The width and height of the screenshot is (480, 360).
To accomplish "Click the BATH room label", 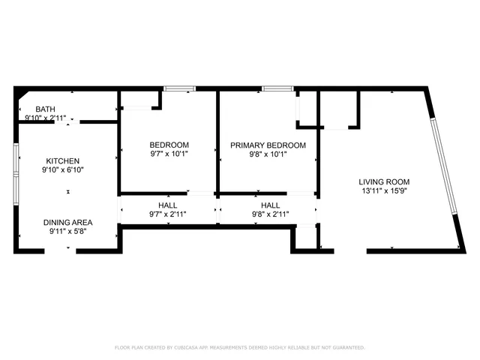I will [34, 109].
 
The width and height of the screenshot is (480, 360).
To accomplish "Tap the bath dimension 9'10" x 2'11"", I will [46, 118].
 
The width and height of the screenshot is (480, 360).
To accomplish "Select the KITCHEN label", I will [62, 160].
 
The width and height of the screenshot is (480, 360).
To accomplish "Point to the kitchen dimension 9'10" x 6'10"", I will [64, 169].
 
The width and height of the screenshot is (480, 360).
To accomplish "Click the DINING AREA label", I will [67, 222].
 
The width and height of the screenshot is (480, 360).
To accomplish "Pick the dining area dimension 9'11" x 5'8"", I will [66, 231].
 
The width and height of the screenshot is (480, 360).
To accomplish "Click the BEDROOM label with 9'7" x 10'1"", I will [169, 145].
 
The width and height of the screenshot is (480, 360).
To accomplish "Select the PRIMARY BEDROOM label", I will [268, 145].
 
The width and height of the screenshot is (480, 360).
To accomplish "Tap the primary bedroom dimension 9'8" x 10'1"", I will [268, 154].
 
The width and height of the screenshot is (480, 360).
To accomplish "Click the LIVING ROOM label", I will [384, 181].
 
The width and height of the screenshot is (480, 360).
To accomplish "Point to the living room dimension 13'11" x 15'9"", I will [384, 190].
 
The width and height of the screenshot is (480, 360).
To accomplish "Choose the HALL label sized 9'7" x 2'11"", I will [168, 205].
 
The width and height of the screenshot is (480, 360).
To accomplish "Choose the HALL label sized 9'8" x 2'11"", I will [270, 205].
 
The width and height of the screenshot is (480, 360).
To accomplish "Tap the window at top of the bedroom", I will [177, 89].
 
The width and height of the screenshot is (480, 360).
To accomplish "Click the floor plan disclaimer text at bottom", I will [239, 347].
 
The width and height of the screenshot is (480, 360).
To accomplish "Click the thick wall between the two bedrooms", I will [217, 142].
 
